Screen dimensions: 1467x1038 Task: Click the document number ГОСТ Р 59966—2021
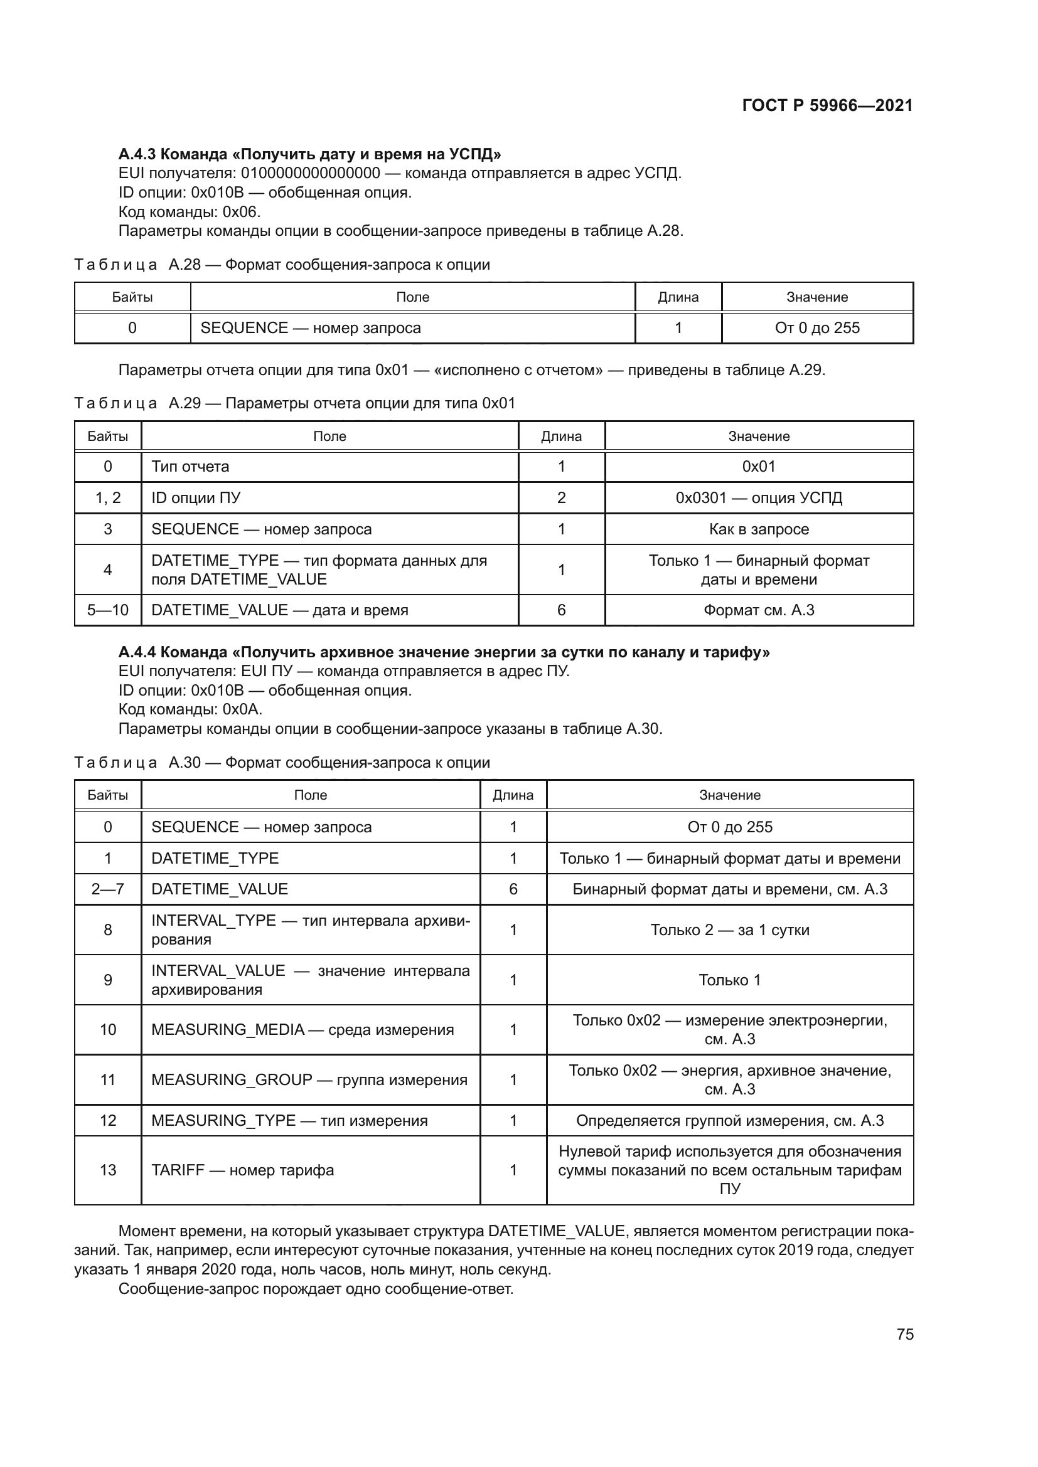tap(827, 105)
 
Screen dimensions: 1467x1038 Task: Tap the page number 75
tap(904, 1335)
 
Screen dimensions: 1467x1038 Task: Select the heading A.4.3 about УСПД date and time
tap(309, 154)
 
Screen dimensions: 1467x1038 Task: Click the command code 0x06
tap(241, 211)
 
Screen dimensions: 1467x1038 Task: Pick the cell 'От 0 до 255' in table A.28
tap(817, 328)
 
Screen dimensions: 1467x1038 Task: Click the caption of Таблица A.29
tap(295, 403)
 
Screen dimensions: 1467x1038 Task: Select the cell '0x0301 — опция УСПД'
tap(759, 498)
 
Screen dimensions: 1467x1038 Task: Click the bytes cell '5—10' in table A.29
tap(107, 610)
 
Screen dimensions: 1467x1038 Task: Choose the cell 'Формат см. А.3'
tap(759, 610)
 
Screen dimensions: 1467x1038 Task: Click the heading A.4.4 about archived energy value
tap(444, 652)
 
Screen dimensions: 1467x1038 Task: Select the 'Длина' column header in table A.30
tap(513, 795)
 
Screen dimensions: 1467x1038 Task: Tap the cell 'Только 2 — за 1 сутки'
tap(729, 929)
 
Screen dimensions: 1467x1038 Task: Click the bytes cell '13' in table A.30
tap(107, 1170)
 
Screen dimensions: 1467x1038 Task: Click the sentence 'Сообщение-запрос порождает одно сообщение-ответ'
tap(316, 1289)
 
